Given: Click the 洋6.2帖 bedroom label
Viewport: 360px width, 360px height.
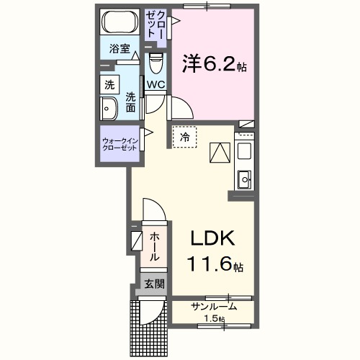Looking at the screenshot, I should click(x=214, y=66).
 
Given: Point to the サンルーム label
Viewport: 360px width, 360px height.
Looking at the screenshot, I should click(x=214, y=307).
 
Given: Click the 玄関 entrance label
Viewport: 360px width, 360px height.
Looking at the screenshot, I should click(x=153, y=284).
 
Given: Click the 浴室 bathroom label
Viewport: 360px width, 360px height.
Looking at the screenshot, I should click(x=120, y=50).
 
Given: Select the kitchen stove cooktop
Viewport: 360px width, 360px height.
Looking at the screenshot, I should click(x=244, y=151).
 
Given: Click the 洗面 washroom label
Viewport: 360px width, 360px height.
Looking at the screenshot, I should click(x=131, y=102).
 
